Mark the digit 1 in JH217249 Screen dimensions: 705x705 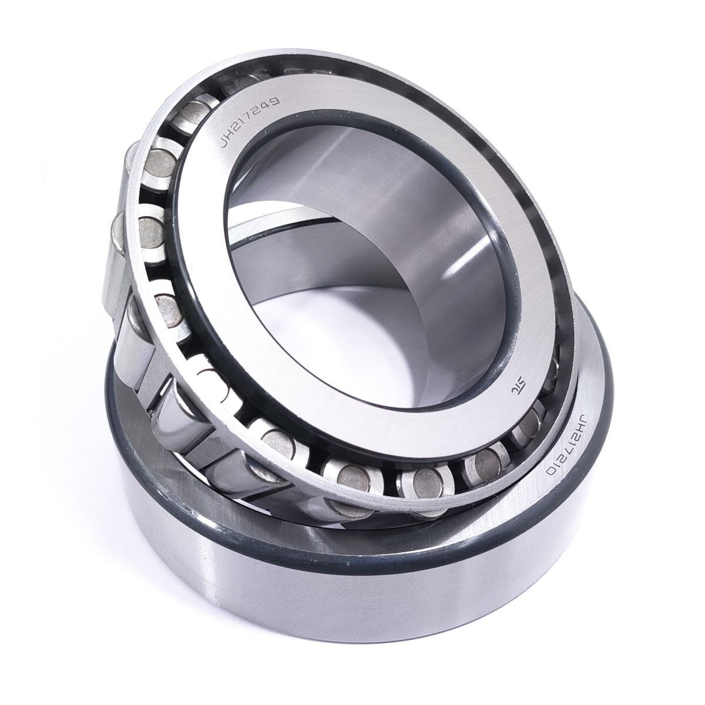(x=244, y=126)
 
